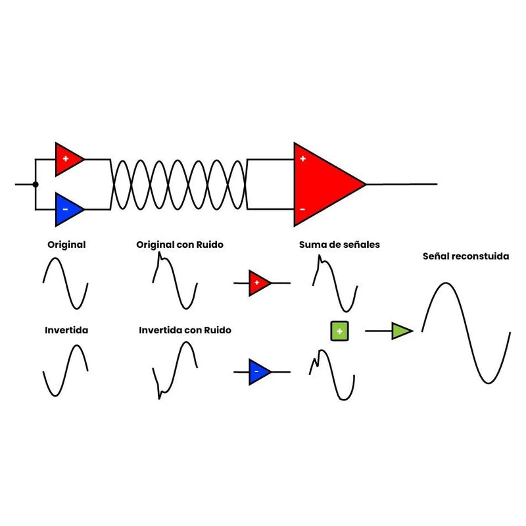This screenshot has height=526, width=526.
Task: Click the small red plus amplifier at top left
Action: pos(67,158)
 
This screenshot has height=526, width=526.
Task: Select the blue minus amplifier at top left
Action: pos(67,208)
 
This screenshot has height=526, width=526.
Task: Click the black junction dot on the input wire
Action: pos(36,184)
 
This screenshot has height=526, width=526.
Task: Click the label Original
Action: pos(66,245)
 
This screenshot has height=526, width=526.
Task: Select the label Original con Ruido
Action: pos(179,245)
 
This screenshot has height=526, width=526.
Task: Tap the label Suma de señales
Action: pos(339,245)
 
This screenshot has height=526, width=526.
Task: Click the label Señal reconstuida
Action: pos(466,256)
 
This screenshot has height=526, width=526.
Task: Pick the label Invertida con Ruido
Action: pos(185,330)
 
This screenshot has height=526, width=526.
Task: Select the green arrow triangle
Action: pos(401,331)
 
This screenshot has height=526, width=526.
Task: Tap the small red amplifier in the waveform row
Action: pos(258,283)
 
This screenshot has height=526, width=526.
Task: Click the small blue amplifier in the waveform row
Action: pos(258,371)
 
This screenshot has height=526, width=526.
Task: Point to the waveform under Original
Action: pos(66,283)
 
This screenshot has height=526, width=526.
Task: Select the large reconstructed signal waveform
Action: pos(466,332)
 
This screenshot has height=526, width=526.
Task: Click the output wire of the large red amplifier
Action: pos(401,184)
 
